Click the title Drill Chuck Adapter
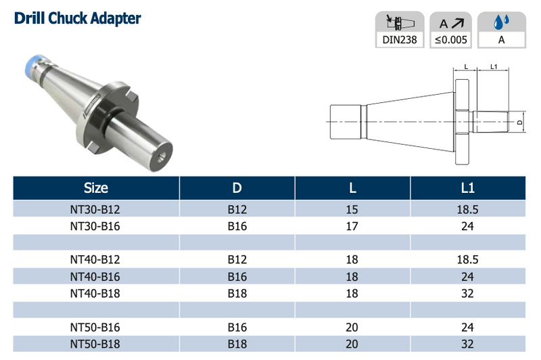click(77, 18)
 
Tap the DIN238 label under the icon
click(400, 40)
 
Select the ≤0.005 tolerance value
click(450, 40)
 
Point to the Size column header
click(95, 187)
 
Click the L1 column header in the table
click(467, 187)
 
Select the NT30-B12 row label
click(95, 210)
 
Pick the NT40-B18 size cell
click(95, 293)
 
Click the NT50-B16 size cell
click(95, 327)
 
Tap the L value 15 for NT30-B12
click(352, 210)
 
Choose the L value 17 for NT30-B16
click(352, 226)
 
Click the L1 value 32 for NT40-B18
click(467, 293)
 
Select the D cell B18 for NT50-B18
click(237, 344)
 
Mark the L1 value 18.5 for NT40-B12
click(467, 260)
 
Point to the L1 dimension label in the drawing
click(493, 67)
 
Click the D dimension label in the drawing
click(519, 122)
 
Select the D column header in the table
click(237, 187)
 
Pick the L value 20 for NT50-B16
click(352, 327)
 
